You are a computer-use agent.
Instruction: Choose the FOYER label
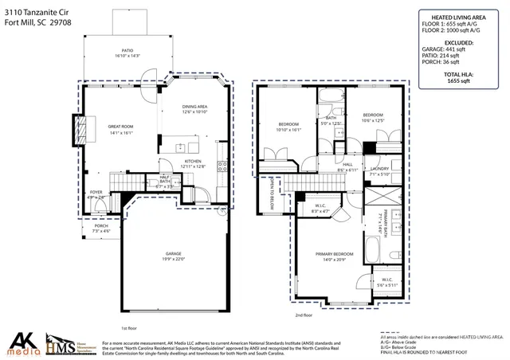tap(95, 192)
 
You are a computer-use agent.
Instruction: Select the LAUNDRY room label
tap(379, 169)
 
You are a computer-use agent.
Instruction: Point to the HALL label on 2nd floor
tap(347, 165)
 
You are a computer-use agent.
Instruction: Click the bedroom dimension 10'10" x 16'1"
tap(288, 130)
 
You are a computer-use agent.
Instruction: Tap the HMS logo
tap(68, 343)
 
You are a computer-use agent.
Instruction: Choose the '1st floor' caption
tap(129, 327)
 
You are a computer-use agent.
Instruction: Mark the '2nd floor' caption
tap(304, 315)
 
